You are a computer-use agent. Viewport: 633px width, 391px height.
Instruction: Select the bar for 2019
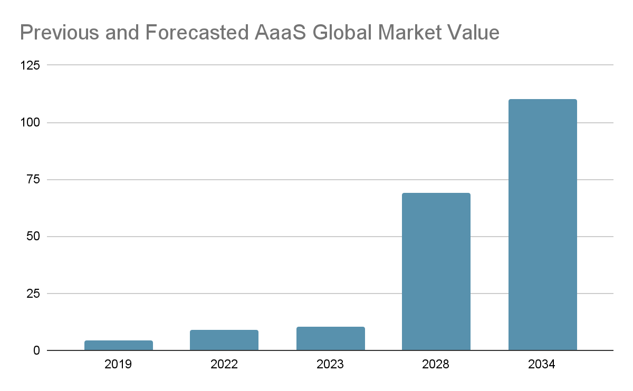(118, 345)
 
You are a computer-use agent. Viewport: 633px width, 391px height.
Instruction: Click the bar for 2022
(224, 340)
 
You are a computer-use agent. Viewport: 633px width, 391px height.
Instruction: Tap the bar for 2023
(330, 338)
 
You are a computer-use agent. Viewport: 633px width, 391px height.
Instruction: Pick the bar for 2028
(436, 271)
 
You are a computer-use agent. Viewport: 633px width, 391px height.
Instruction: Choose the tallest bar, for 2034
(542, 224)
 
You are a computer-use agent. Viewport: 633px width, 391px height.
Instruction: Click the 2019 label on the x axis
(118, 365)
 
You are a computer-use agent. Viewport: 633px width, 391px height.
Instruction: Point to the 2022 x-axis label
(224, 365)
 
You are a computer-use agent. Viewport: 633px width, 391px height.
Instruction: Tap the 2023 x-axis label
(330, 365)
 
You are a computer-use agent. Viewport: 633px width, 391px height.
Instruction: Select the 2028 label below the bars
(436, 365)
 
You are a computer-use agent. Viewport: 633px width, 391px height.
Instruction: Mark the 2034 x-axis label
(542, 365)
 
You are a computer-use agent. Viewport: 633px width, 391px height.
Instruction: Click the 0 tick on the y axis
(36, 350)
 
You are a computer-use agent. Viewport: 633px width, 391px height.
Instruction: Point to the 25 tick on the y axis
(33, 294)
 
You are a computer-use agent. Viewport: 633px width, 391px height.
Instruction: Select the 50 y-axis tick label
(33, 237)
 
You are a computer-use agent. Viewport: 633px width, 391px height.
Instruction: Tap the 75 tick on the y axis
(33, 180)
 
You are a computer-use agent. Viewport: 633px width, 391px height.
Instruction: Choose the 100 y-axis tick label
(30, 123)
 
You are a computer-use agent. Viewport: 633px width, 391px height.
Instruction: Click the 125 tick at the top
(30, 65)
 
